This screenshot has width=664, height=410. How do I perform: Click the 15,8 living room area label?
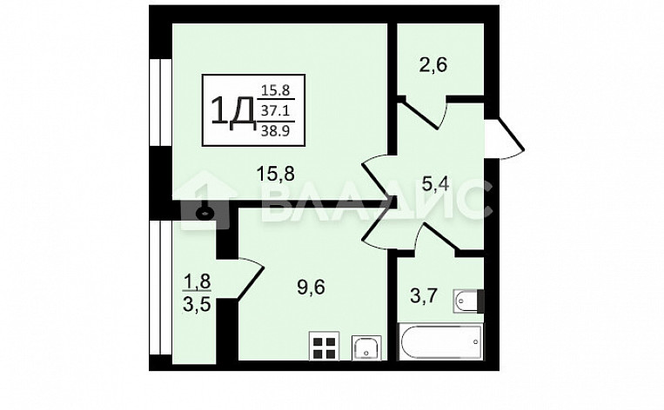[x=274, y=174]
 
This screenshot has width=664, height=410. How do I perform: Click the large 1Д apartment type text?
[x=231, y=110]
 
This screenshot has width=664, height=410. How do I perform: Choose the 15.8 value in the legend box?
[x=276, y=89]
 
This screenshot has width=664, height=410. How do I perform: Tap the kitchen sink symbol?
[x=366, y=347]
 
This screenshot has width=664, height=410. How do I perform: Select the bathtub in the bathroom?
[x=439, y=344]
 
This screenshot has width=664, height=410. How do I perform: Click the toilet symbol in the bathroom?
[x=466, y=301]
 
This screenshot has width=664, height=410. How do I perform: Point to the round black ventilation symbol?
[x=205, y=211]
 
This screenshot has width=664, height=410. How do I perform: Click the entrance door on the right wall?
[x=504, y=138]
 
